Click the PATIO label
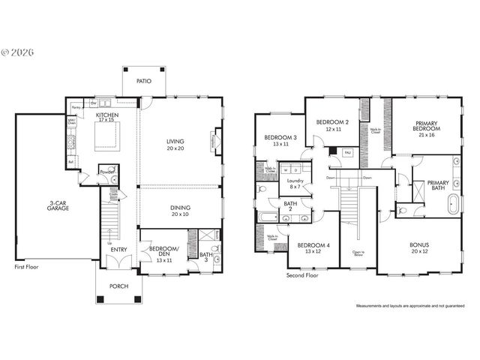(143, 79)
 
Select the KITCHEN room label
(106, 115)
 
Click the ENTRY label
(118, 249)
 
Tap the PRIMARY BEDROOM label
(427, 125)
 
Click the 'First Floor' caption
(28, 266)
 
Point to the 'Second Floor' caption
(303, 275)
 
